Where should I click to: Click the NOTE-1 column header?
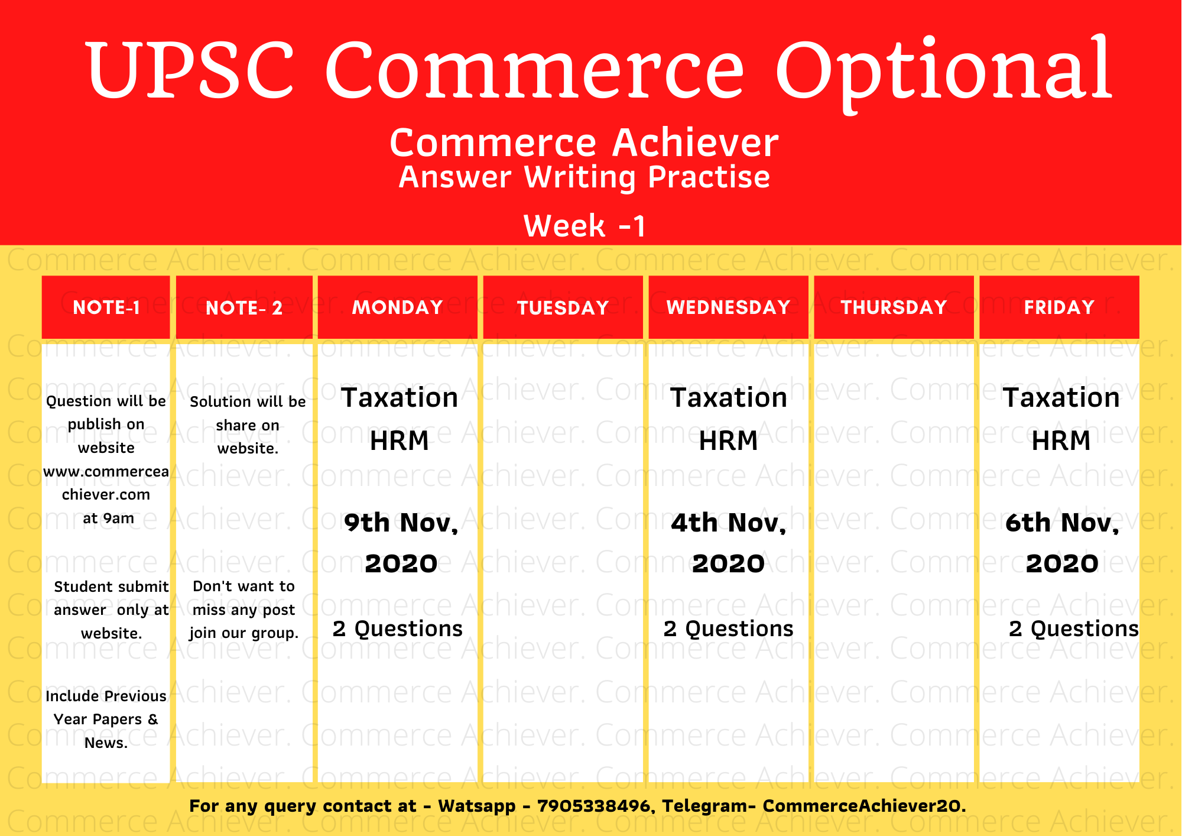point(106,307)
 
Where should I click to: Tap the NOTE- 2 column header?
point(244,307)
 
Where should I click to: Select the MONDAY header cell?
point(398,307)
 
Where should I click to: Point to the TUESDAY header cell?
point(563,307)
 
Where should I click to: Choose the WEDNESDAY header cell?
point(729,307)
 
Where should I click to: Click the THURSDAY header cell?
point(894,307)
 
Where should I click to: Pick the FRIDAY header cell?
point(1060,307)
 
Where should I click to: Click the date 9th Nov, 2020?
point(401,543)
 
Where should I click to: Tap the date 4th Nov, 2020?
point(729,543)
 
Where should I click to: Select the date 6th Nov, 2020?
point(1062,543)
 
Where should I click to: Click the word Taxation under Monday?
point(400,398)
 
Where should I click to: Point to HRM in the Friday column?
point(1061,441)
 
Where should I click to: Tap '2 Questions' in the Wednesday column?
point(729,628)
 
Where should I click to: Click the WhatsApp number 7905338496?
point(593,806)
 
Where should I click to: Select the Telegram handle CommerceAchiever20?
point(864,806)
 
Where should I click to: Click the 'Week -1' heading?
point(584,226)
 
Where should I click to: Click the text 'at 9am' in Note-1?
point(108,519)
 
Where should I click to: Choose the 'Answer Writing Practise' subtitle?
point(584,177)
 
